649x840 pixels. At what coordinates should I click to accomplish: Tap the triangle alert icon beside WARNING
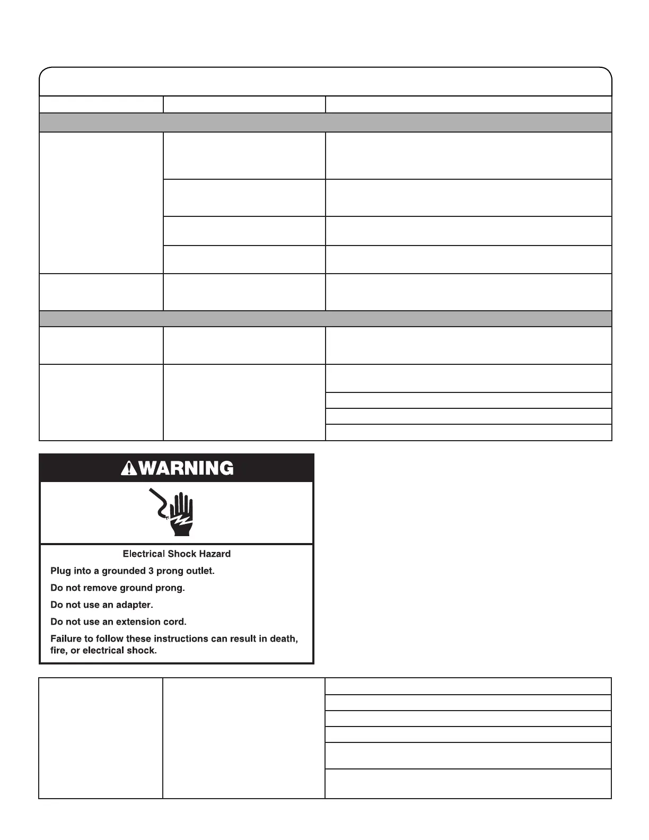point(129,469)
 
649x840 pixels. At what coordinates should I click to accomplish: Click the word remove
point(100,588)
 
